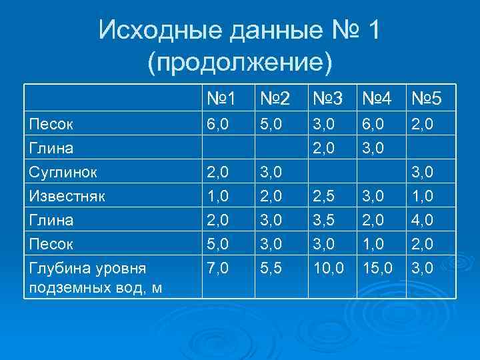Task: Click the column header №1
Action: click(x=221, y=100)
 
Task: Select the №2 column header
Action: click(x=273, y=100)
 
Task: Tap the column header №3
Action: click(x=326, y=100)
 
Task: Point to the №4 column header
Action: click(x=378, y=100)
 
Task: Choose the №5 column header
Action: click(x=427, y=100)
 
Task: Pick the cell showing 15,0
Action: click(x=378, y=268)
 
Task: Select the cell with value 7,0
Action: click(x=217, y=268)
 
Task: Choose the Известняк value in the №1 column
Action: click(x=217, y=196)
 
